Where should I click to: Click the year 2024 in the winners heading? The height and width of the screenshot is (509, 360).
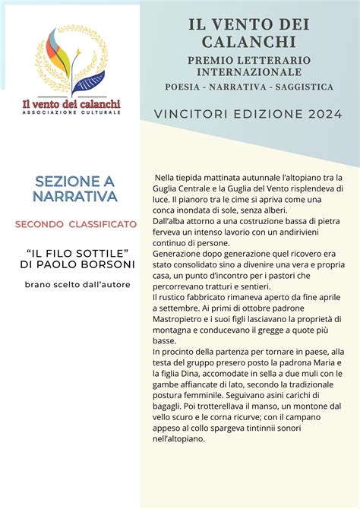click(322, 114)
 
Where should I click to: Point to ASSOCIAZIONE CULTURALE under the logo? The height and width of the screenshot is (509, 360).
click(71, 112)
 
